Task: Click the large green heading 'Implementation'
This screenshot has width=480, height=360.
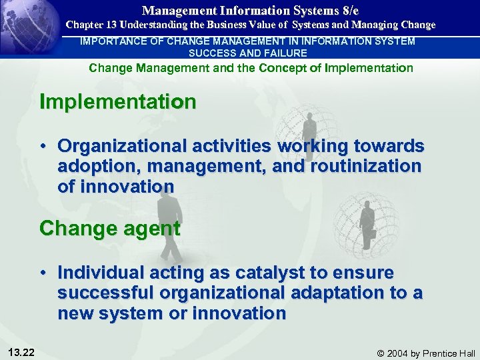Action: pyautogui.click(x=118, y=102)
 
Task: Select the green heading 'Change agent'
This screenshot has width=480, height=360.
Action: pyautogui.click(x=110, y=228)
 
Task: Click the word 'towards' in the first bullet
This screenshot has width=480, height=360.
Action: pyautogui.click(x=386, y=146)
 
